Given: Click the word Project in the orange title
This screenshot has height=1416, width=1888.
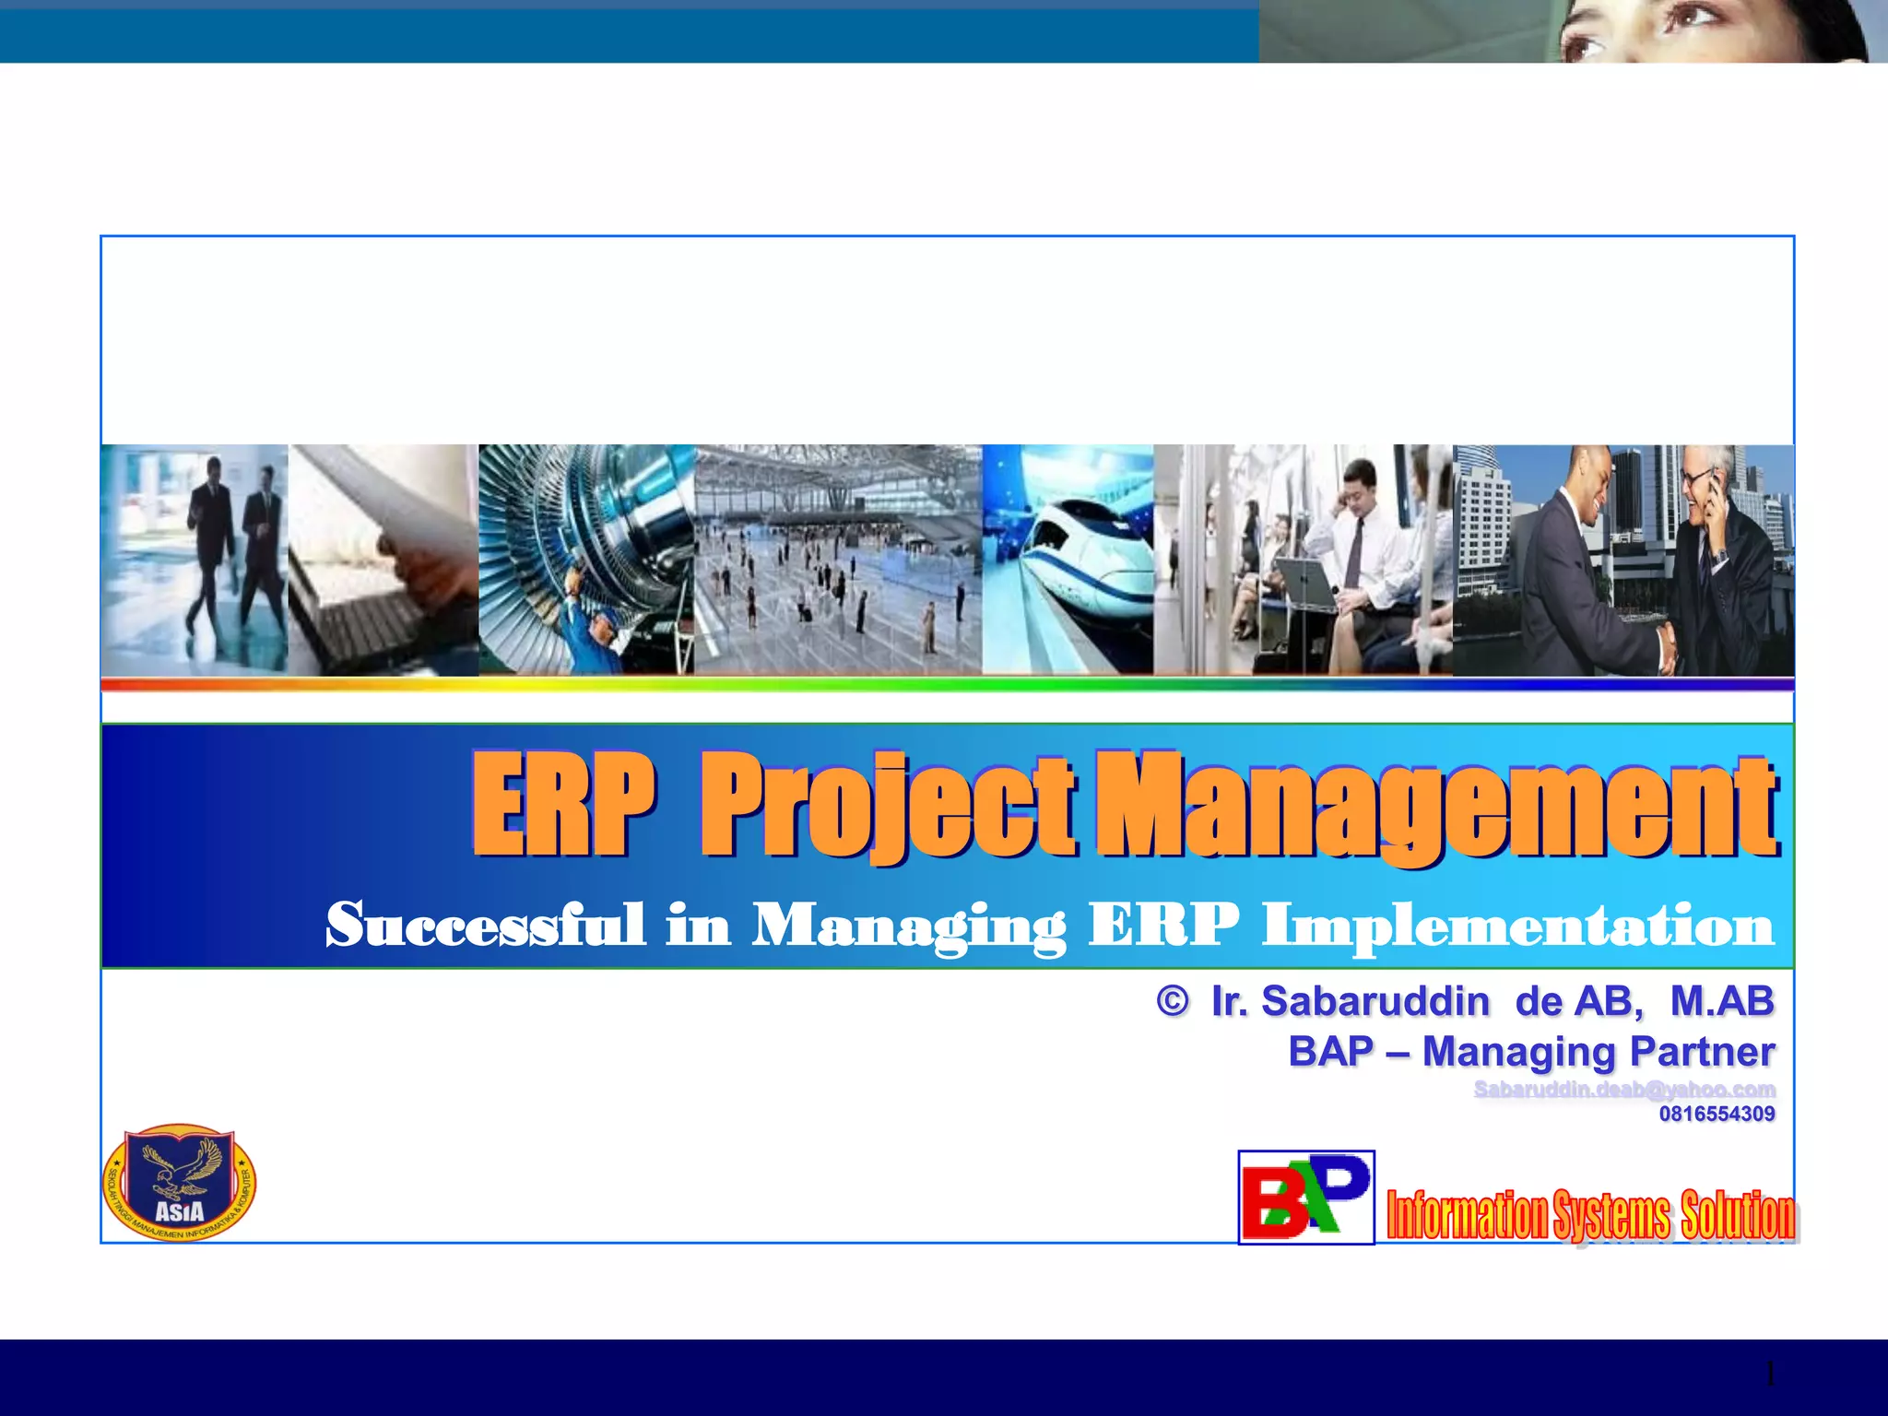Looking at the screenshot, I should click(887, 807).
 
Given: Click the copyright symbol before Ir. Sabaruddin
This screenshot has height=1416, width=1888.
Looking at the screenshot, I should click(1172, 1001).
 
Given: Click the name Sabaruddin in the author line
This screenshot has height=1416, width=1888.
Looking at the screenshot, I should click(1375, 1001).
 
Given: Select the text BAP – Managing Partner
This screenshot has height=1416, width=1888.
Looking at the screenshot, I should click(1530, 1052).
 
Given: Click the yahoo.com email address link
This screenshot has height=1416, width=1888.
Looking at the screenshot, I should click(1623, 1090).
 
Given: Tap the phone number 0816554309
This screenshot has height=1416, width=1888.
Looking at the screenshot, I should click(1717, 1114).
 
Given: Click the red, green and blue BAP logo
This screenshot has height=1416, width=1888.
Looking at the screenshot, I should click(1305, 1197).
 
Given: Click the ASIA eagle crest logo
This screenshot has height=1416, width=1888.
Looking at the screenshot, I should click(180, 1183).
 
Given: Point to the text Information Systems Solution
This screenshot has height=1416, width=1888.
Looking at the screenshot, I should click(1591, 1215).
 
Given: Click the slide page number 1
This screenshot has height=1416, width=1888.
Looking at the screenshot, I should click(1769, 1375).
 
